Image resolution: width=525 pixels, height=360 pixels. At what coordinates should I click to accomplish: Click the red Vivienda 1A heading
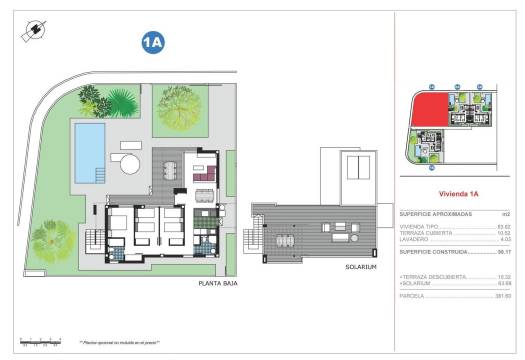click(x=459, y=193)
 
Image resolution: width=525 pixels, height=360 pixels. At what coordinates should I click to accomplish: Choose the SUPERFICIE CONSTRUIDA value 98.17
click(x=504, y=253)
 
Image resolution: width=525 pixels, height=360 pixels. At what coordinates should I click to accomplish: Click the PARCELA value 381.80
click(x=503, y=295)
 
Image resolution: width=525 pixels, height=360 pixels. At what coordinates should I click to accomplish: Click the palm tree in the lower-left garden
click(x=46, y=237)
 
